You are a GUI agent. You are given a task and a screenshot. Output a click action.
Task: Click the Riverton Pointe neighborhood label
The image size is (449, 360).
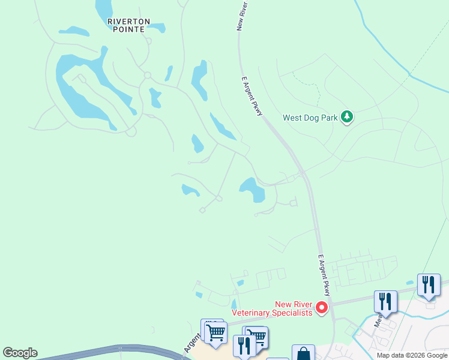[126, 25]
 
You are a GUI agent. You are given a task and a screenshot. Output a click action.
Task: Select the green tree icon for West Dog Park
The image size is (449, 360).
[346, 116]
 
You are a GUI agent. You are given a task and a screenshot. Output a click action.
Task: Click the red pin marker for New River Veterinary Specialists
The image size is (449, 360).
[322, 308]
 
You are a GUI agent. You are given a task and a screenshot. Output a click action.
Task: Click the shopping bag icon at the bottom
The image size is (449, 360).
[303, 354]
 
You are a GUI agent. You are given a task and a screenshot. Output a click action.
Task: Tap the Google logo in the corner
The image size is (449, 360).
[20, 353]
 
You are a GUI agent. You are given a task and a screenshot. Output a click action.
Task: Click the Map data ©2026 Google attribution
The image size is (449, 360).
[412, 356]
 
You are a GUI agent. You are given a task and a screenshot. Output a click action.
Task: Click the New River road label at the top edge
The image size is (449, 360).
[243, 15]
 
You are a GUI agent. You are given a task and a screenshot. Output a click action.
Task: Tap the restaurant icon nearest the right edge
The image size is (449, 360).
[429, 284]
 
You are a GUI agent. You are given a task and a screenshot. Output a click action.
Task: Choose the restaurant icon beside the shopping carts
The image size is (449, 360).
[244, 345]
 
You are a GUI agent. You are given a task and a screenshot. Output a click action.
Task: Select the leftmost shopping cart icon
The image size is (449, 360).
[214, 331]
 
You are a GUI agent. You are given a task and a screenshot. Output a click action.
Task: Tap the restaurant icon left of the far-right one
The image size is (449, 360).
[385, 301]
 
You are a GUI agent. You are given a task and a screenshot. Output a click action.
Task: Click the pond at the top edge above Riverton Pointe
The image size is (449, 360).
[103, 7]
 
